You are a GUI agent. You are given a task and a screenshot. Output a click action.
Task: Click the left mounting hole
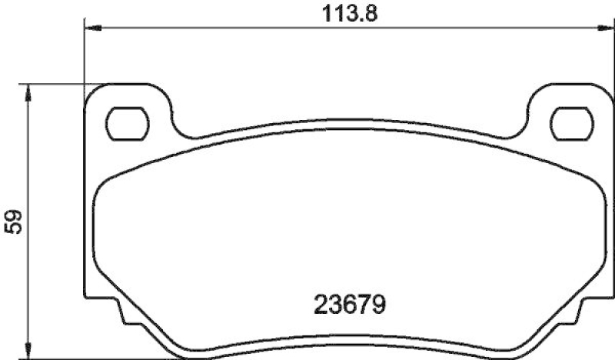tap(125, 122)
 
